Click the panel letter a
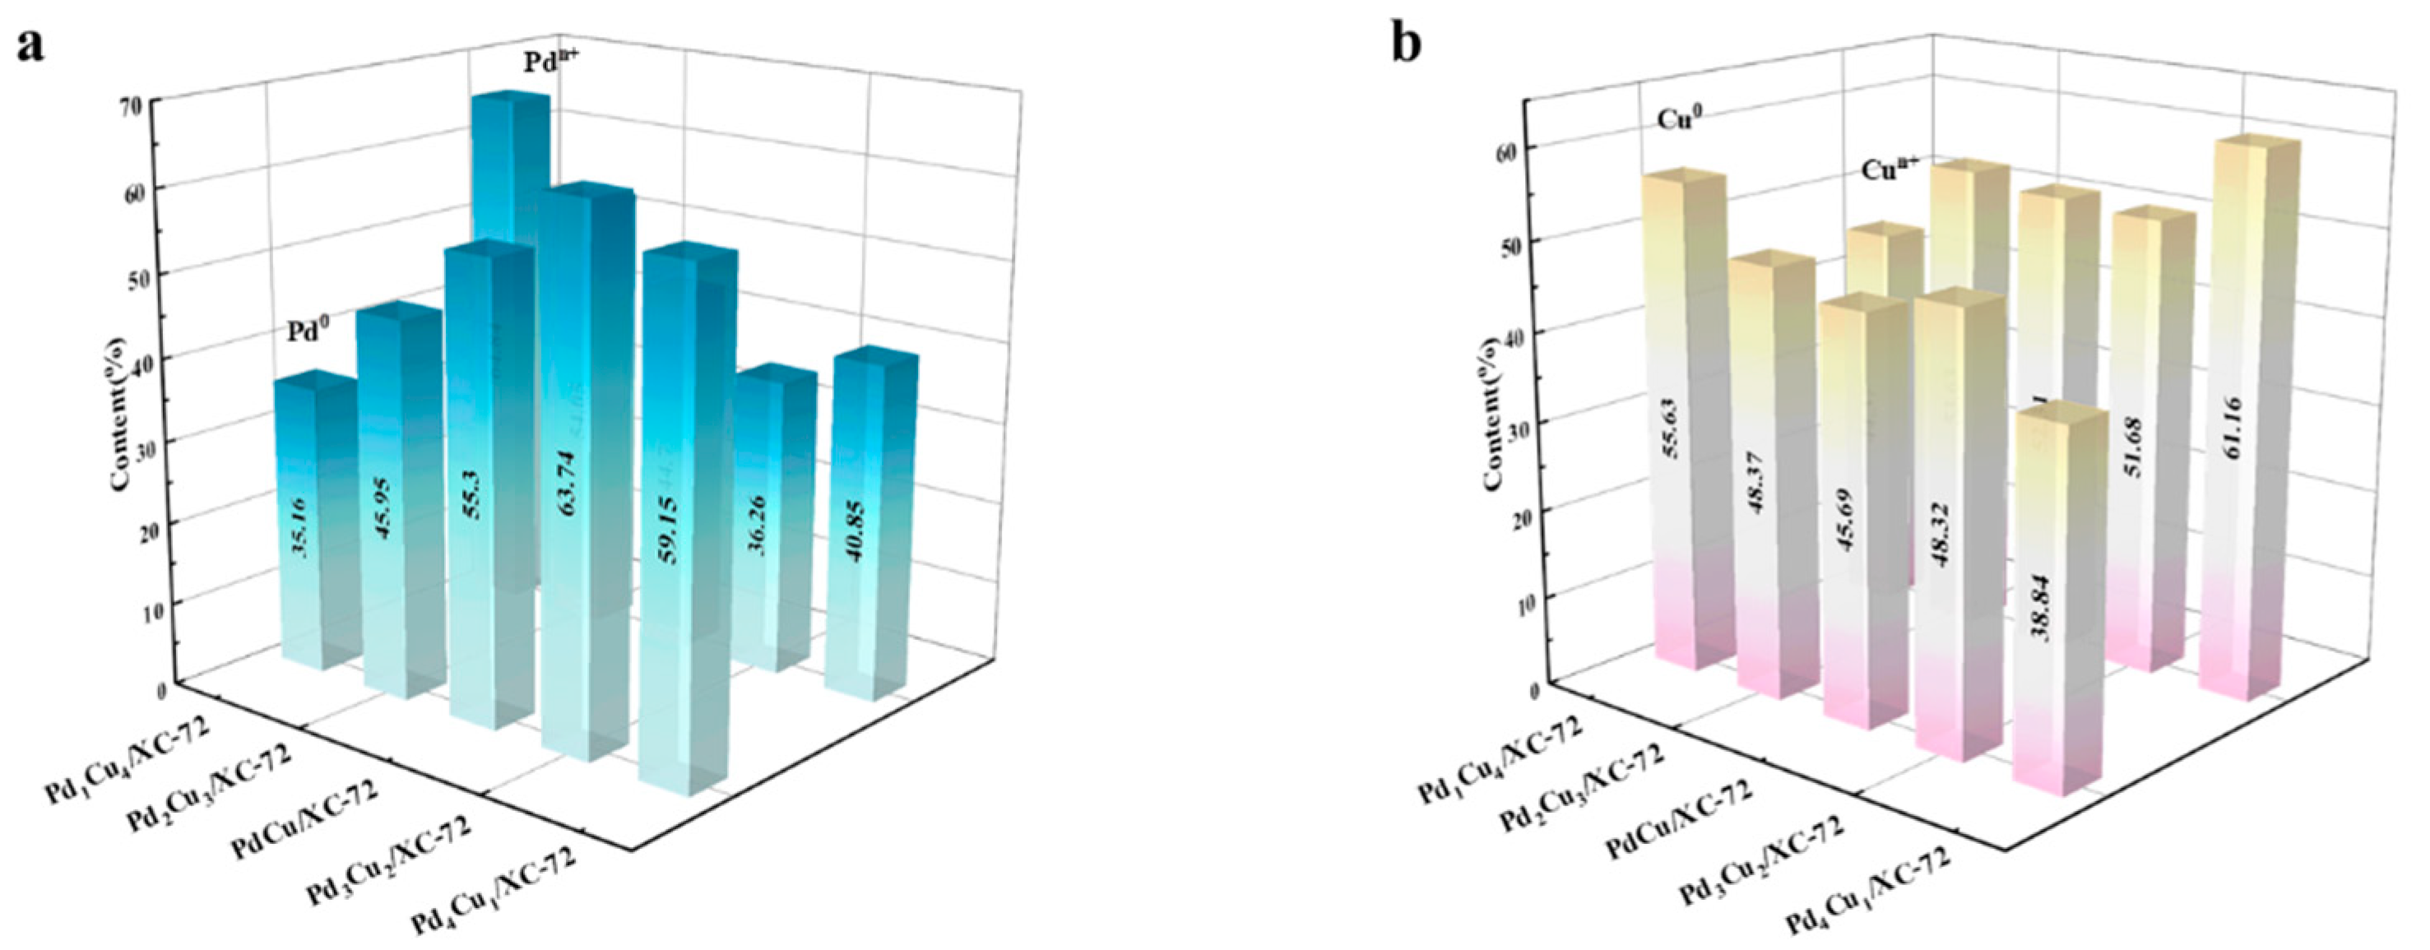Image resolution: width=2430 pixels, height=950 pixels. coord(30,44)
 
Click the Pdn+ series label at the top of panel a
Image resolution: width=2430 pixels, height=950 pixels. coord(551,63)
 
